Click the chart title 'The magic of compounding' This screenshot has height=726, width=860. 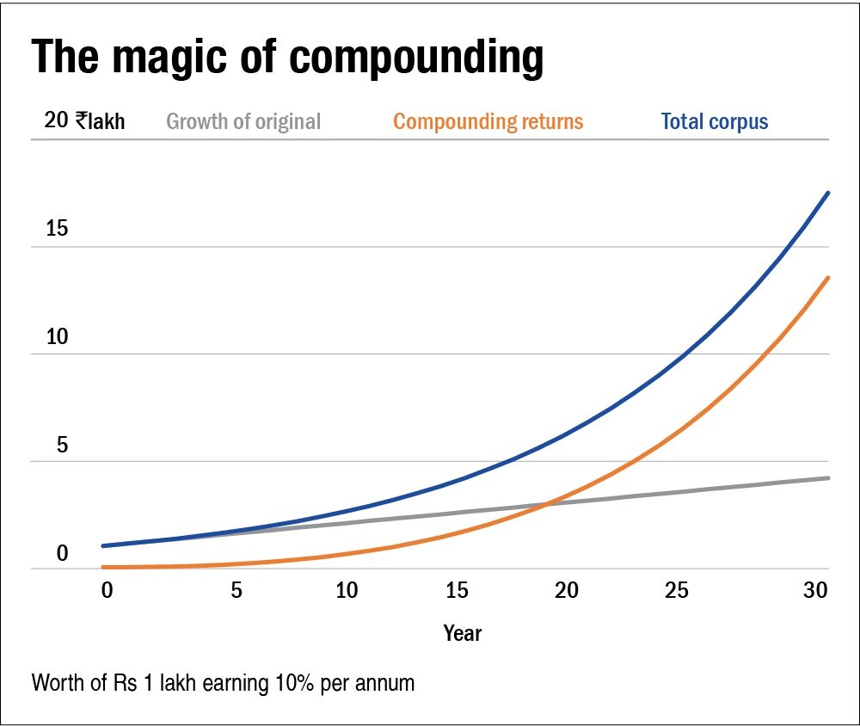287,58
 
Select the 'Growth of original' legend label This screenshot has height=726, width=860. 243,121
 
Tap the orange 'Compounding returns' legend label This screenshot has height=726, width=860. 488,121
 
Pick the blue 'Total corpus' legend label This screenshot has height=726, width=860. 714,121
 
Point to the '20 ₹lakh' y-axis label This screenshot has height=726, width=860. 84,121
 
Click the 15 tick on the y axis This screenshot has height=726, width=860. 57,230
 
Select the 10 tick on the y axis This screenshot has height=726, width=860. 57,337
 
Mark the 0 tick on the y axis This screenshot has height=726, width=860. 62,553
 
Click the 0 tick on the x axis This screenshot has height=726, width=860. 107,591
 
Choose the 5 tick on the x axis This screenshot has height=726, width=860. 236,591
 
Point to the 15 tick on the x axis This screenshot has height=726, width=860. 458,591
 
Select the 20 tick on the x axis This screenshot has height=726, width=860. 567,591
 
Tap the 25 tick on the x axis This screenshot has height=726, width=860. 677,591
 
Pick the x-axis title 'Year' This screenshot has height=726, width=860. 463,634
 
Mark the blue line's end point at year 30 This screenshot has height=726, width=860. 828,193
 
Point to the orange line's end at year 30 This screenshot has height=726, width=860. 828,277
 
